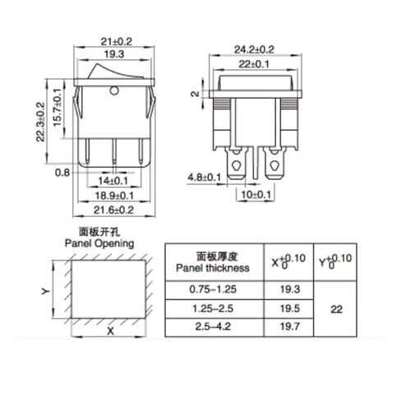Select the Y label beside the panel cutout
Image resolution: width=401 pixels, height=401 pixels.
click(x=46, y=291)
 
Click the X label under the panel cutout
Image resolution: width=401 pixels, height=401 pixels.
click(x=108, y=334)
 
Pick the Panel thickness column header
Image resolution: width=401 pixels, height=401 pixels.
click(x=213, y=262)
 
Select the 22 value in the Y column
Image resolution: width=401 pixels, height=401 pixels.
click(x=337, y=310)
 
